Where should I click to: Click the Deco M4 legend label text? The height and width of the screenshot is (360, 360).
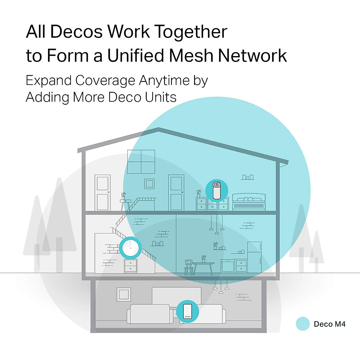click(329, 324)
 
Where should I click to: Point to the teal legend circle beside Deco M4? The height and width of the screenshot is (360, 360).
click(302, 324)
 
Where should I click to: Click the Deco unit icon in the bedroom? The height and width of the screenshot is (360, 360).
click(217, 191)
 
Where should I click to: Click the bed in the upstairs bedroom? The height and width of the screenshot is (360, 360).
click(249, 202)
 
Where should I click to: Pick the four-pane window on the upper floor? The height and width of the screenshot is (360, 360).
click(141, 162)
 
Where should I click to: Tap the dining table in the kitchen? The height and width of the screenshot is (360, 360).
click(203, 267)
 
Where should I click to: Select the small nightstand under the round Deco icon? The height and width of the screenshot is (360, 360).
click(130, 266)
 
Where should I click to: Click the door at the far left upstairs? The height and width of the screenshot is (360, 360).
click(103, 193)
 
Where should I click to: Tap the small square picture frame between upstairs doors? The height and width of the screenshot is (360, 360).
click(149, 183)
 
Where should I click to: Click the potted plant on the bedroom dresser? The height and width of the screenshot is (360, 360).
click(199, 193)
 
